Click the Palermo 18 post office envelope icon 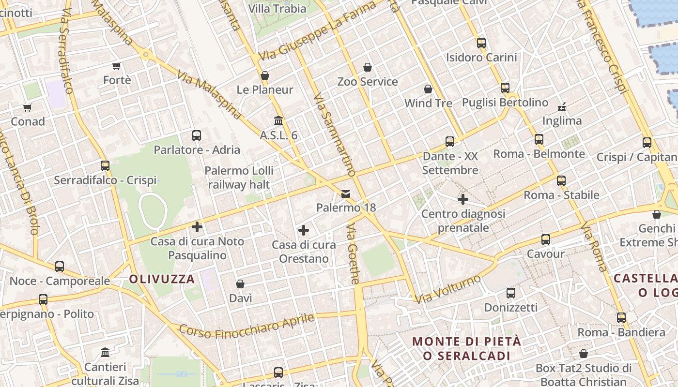(346, 194)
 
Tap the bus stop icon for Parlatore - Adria (197, 135)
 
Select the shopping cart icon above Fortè (116, 66)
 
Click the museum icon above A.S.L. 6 (278, 120)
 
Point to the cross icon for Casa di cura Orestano (304, 230)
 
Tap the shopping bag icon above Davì (240, 284)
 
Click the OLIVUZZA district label (162, 279)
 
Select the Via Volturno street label (448, 289)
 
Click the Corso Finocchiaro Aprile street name (247, 326)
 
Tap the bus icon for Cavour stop (546, 239)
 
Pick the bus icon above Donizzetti (511, 293)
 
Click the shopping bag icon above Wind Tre (428, 89)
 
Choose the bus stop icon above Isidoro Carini (481, 43)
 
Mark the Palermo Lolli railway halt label (239, 178)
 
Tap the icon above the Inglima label (562, 106)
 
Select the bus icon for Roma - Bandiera (621, 318)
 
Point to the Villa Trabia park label (277, 9)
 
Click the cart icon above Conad (27, 107)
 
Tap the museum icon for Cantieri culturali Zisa (105, 352)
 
